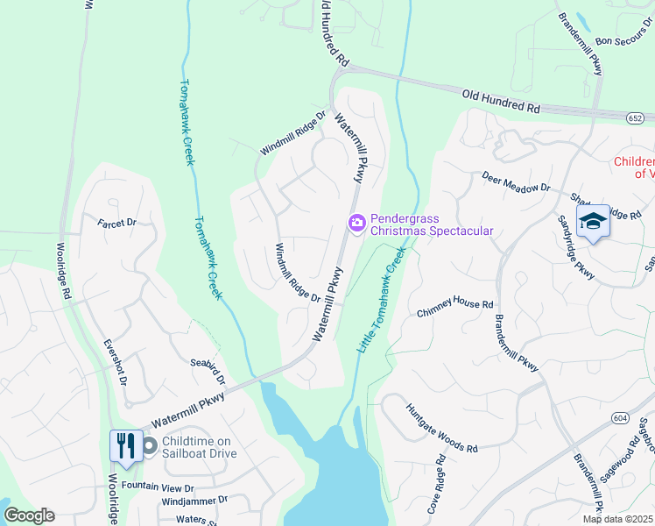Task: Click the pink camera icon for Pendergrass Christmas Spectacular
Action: [x=356, y=224]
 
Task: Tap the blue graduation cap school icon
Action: [x=593, y=223]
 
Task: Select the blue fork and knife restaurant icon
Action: [x=124, y=445]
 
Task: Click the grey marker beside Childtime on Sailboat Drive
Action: [x=149, y=446]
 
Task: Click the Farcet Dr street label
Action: [x=118, y=224]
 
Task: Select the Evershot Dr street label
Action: [x=116, y=363]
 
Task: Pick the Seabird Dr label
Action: [x=208, y=372]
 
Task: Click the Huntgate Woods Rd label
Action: [x=441, y=428]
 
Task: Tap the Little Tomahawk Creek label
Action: [x=381, y=300]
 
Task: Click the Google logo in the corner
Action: [x=29, y=515]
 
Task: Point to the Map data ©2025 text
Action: [x=617, y=519]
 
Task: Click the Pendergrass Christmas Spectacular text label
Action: [x=431, y=224]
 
